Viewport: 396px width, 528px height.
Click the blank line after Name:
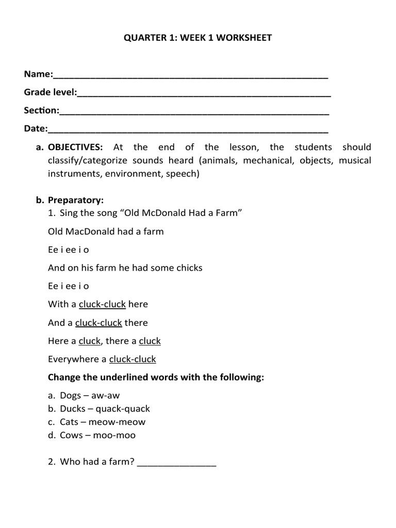(x=190, y=76)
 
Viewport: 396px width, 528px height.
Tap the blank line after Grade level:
(x=204, y=94)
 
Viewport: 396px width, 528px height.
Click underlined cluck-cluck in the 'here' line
(x=102, y=304)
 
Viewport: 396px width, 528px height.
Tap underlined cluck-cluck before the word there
(x=98, y=323)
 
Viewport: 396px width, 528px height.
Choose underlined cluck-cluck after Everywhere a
(x=133, y=359)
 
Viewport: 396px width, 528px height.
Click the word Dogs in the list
(x=71, y=395)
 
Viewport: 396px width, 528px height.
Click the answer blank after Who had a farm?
(x=177, y=463)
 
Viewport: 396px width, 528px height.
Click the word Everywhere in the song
(x=73, y=359)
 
